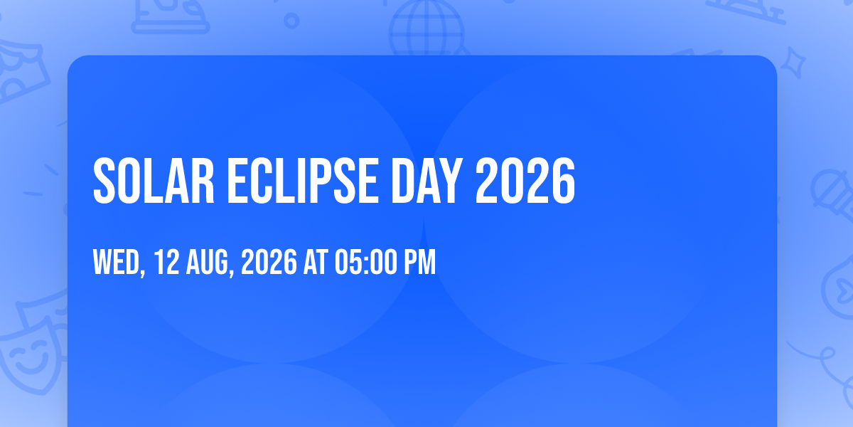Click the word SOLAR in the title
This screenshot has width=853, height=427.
[154, 181]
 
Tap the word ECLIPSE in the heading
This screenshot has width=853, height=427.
[303, 181]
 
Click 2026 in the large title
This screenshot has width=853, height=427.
[525, 181]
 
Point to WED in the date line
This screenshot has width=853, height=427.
[117, 262]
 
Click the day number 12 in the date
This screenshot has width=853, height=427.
[166, 262]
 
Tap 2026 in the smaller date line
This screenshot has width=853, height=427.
[269, 262]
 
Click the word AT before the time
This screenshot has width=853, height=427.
[316, 262]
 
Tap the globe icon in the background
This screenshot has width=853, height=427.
[427, 28]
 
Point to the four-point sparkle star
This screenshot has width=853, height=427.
[793, 63]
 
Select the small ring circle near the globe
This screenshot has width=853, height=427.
[291, 21]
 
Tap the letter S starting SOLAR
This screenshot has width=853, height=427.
[104, 181]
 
